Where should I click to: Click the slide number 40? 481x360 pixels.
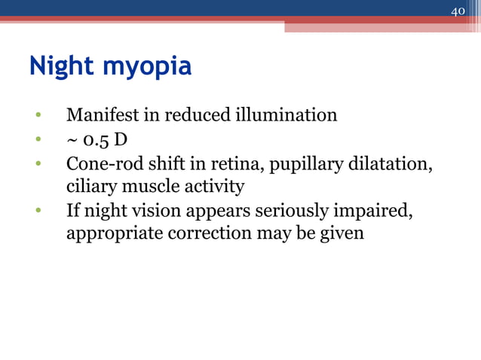[458, 11]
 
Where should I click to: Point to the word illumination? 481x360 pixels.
[288, 115]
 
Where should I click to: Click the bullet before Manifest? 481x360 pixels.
[36, 117]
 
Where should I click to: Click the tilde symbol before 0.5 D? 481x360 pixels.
[73, 140]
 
